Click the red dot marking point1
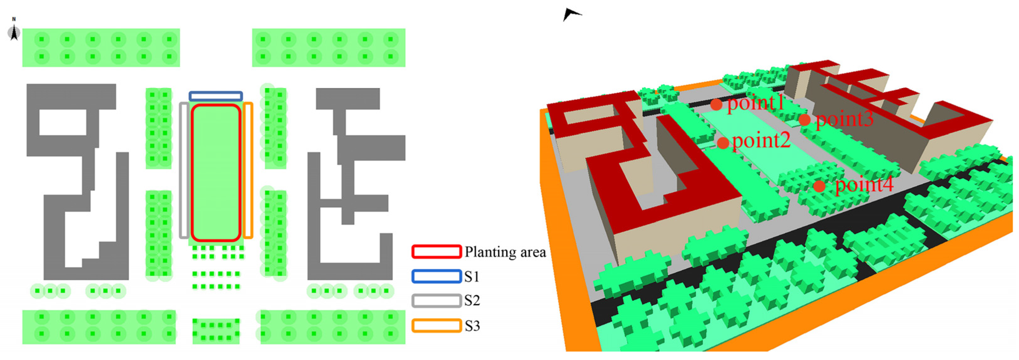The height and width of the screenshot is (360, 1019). point(716,105)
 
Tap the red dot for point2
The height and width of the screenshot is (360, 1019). point(723,143)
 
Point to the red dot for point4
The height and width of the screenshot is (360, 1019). point(819,186)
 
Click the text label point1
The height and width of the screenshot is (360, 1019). point(755,104)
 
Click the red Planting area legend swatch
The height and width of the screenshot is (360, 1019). point(436,252)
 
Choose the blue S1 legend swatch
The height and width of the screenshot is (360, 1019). point(436,276)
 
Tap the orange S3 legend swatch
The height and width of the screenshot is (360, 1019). point(436,326)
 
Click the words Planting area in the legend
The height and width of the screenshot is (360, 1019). point(505,252)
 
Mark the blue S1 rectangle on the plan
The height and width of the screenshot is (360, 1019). point(216,96)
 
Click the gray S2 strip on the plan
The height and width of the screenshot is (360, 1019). point(183,170)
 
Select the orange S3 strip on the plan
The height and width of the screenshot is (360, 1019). point(248,170)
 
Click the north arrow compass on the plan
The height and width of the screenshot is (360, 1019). point(14,32)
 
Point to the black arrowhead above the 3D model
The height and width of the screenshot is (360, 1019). point(570,15)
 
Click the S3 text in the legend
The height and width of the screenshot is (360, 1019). point(472,326)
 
